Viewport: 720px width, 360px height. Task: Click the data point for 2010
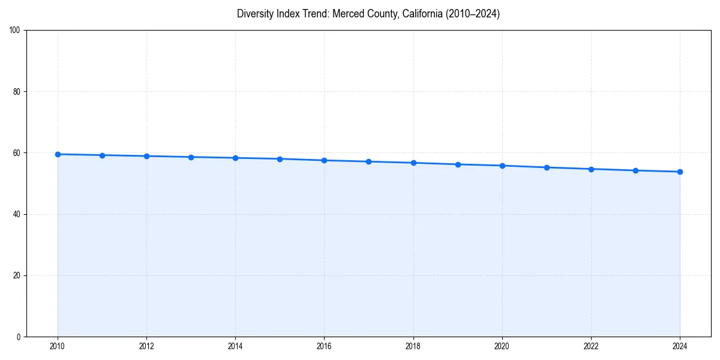[x=58, y=154]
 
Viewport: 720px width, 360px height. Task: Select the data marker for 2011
[x=102, y=155]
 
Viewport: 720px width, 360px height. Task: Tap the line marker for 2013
[x=191, y=157]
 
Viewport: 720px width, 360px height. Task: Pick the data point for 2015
[x=280, y=159]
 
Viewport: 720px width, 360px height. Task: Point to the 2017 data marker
[x=368, y=161]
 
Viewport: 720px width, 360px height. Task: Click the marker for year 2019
[x=458, y=164]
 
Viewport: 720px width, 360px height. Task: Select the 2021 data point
[x=547, y=167]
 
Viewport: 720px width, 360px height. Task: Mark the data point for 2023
[x=635, y=170]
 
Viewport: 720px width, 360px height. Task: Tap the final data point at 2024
[x=680, y=172]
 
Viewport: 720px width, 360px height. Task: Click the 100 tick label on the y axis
[x=15, y=31]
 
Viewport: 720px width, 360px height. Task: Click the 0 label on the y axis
[x=19, y=337]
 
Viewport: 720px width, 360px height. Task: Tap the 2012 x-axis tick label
[x=146, y=346]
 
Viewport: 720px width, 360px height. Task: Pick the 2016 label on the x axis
[x=324, y=346]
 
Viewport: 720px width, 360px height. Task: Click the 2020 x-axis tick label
[x=502, y=346]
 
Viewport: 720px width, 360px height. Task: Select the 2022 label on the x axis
[x=591, y=346]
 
